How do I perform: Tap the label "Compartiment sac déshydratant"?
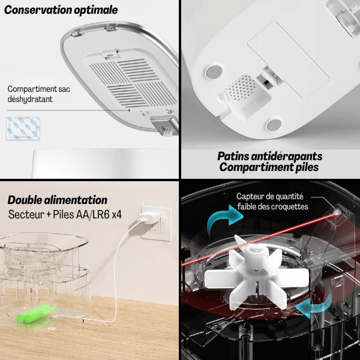tap(39, 94)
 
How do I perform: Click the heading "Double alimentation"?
tap(58, 200)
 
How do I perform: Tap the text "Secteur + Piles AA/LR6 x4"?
tap(65, 214)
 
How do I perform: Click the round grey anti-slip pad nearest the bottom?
tap(274, 125)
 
